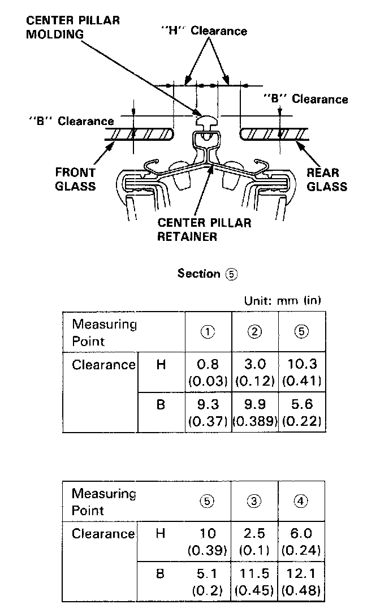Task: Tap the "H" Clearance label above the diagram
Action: [204, 31]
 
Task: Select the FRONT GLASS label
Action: [75, 179]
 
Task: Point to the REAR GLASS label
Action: [326, 179]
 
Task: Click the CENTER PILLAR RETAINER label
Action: [204, 229]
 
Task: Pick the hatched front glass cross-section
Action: [139, 134]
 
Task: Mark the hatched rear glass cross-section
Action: [274, 134]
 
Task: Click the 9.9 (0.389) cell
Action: [254, 412]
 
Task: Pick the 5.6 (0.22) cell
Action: [301, 412]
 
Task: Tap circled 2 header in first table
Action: [254, 333]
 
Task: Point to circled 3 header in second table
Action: [254, 501]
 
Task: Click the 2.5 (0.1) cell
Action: [254, 541]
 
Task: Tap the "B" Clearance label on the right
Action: [306, 99]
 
